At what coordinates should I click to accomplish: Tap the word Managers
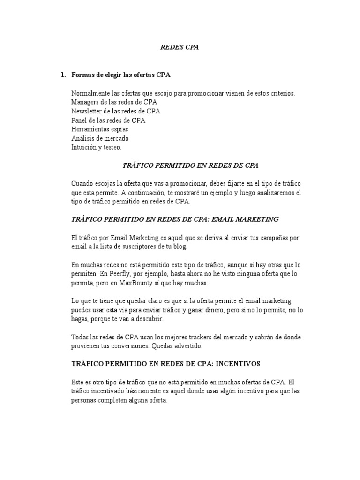85,102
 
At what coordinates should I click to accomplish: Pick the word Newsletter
87,111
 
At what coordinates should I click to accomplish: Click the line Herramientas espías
100,129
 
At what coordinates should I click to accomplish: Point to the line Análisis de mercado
100,138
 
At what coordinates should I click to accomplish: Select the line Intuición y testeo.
96,147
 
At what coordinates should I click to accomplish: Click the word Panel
79,120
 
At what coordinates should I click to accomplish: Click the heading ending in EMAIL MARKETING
175,219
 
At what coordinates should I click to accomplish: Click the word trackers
199,337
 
